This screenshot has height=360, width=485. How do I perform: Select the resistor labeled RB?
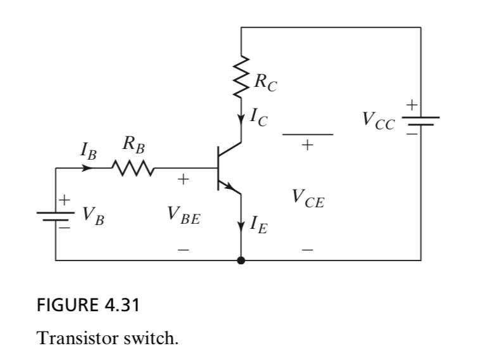(131, 169)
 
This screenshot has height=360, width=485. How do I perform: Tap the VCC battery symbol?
(419, 120)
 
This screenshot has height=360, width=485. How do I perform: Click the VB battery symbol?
(56, 214)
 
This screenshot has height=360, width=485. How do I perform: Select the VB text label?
(92, 215)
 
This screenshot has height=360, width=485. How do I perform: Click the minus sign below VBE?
(182, 250)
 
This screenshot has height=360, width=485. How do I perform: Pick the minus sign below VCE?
(308, 250)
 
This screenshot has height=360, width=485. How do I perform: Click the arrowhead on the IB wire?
(88, 169)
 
